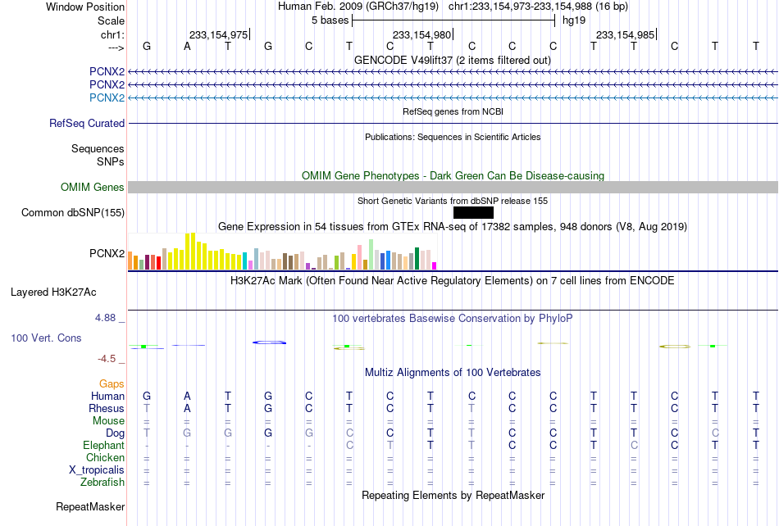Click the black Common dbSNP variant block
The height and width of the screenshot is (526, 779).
473,212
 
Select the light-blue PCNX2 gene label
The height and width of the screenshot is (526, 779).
107,97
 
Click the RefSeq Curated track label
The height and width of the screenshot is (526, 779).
87,123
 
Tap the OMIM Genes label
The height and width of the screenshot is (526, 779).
93,187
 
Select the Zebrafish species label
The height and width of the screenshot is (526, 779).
102,482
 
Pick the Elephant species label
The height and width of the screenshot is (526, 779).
103,445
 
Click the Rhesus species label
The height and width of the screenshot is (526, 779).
107,408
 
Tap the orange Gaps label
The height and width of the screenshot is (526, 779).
112,383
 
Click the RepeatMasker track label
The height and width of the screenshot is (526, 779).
90,506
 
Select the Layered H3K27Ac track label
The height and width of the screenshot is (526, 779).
53,292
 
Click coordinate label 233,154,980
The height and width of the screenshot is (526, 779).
421,34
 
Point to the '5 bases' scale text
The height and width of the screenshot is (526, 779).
330,20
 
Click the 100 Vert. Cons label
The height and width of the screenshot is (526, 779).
46,338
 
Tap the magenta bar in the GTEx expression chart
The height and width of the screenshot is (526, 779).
435,266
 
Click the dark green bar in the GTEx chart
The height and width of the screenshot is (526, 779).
417,259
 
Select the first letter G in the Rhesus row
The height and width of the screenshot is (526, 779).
268,408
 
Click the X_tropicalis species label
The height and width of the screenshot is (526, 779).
97,470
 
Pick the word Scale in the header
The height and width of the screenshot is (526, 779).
111,20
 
